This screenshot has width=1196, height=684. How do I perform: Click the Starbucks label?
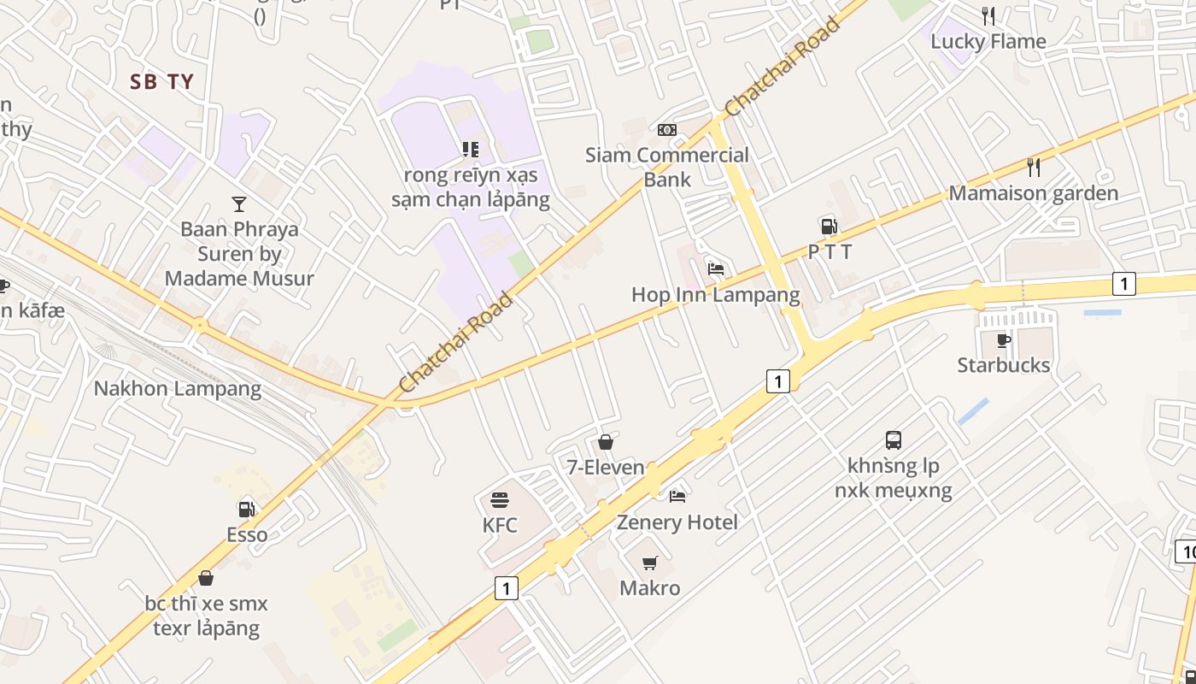point(1003,365)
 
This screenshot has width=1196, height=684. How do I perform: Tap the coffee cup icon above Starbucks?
point(1004,340)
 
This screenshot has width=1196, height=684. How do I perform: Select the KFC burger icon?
point(500,499)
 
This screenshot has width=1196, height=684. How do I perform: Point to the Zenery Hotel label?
point(677,522)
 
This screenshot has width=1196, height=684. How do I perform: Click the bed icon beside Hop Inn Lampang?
point(716,268)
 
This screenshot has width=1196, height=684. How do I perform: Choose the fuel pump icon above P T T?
point(829,226)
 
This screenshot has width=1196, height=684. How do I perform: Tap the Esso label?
point(247,534)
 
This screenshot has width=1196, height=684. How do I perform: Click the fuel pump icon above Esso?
point(247,509)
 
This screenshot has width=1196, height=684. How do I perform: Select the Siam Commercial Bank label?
point(666,167)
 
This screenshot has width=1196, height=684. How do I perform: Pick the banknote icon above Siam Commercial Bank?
point(667,130)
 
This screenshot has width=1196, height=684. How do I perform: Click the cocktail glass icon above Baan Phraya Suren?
point(239,203)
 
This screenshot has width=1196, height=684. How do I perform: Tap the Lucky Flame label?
point(988,41)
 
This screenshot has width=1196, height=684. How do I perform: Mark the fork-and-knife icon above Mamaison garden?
point(1034,167)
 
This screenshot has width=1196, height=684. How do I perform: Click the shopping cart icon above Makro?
point(650,563)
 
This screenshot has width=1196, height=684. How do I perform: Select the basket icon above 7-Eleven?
point(606,442)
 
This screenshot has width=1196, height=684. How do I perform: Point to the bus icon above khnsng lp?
point(894,440)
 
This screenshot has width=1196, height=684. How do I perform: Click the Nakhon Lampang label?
point(178,388)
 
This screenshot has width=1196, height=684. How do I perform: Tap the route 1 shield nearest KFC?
point(507,587)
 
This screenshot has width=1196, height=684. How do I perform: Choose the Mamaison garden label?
point(1034,193)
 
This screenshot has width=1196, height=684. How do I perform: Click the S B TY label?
point(162,82)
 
